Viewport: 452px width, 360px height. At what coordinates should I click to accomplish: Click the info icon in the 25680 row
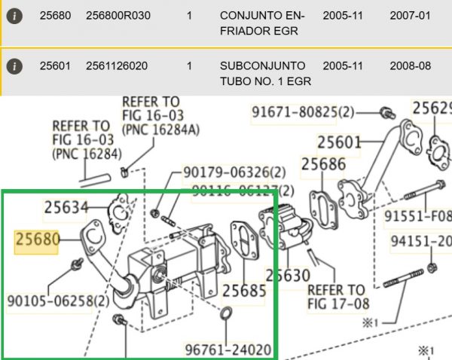(x=16, y=15)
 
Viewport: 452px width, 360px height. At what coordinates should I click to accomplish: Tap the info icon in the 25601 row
(x=16, y=66)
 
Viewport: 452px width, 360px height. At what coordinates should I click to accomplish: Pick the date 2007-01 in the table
(x=410, y=15)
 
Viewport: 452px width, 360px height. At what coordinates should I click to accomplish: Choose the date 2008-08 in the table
(x=410, y=66)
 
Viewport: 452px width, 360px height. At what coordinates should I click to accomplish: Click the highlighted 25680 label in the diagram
(x=37, y=240)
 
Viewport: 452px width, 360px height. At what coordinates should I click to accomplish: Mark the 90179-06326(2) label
(x=234, y=173)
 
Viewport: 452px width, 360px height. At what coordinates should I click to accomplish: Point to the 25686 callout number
(x=324, y=163)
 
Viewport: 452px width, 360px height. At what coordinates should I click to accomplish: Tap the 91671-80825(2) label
(x=303, y=113)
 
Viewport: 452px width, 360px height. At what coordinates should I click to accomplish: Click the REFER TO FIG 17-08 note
(x=335, y=297)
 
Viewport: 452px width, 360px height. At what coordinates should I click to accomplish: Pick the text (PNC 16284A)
(x=161, y=130)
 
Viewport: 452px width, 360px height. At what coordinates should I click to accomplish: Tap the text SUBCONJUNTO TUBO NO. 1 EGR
(x=263, y=74)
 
